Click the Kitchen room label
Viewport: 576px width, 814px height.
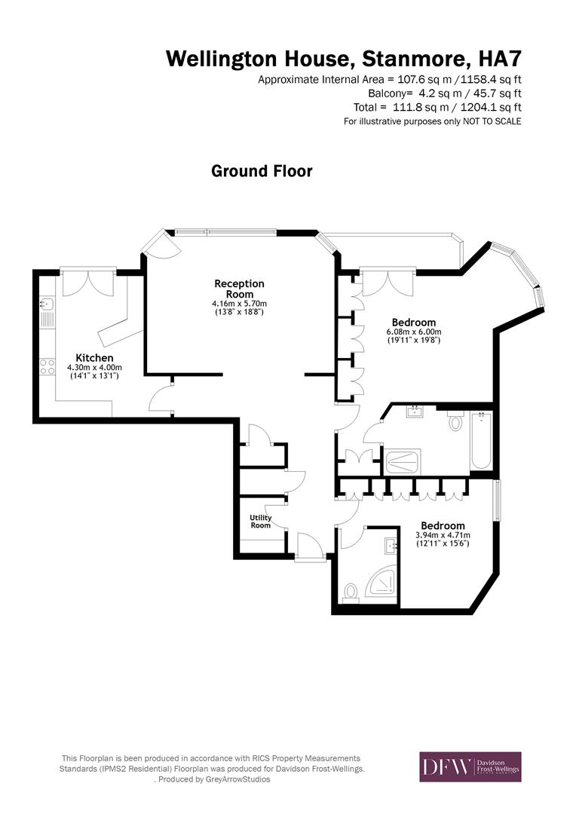[x=94, y=357]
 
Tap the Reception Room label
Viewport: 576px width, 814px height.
[x=240, y=289]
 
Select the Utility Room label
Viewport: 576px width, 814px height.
[x=261, y=521]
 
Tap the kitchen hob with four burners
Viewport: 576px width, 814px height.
[x=47, y=367]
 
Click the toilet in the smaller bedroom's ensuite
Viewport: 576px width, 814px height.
[x=349, y=592]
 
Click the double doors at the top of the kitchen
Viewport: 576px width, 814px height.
[x=87, y=283]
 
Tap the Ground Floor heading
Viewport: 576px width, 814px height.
[x=262, y=171]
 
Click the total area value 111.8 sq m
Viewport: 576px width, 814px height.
[x=428, y=107]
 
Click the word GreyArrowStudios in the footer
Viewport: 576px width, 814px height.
[x=237, y=779]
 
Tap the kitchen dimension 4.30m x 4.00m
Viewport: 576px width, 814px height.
[x=94, y=367]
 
